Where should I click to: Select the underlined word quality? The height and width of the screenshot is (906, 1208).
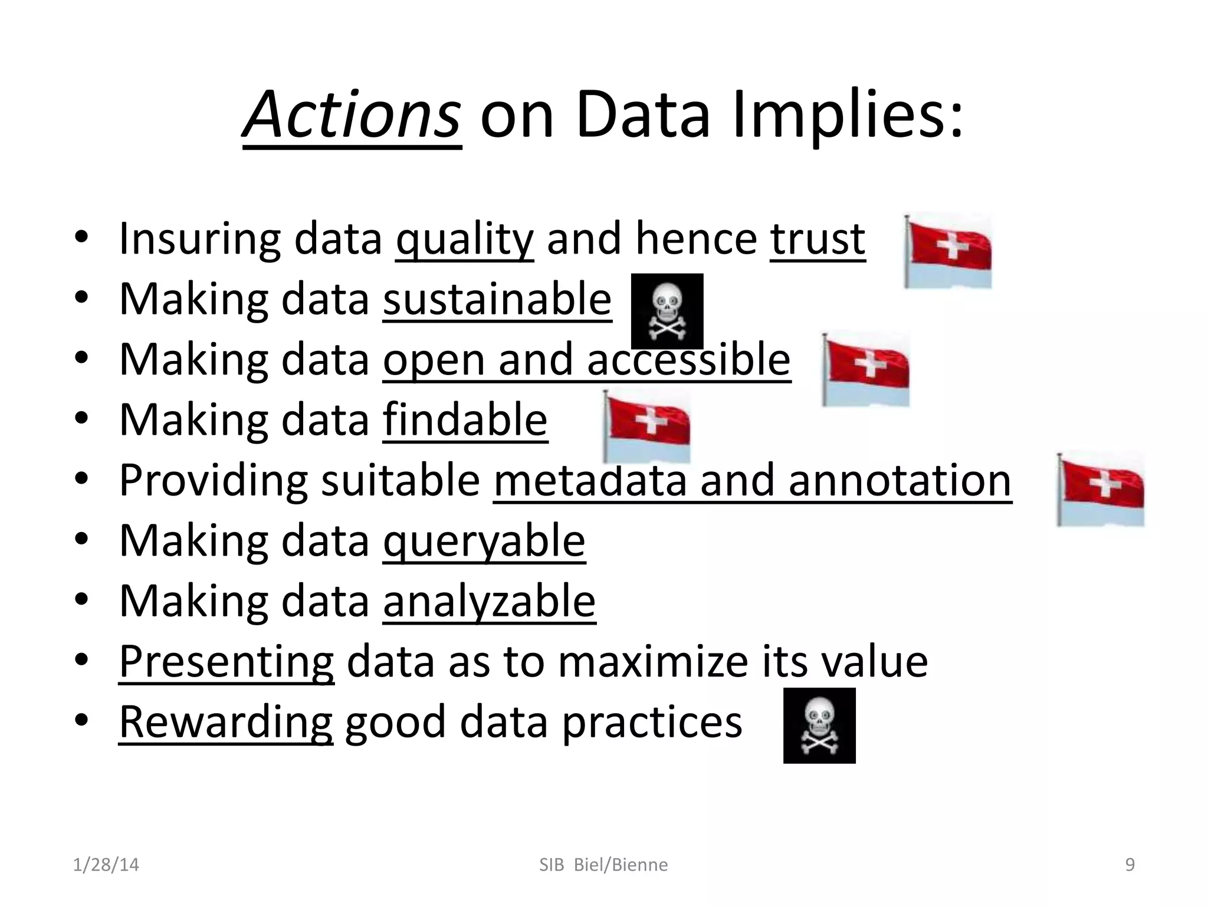click(x=465, y=239)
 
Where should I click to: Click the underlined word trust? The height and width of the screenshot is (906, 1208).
click(x=818, y=239)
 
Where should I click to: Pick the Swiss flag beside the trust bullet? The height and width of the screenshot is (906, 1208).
click(x=948, y=251)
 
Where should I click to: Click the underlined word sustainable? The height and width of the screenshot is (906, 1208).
click(x=497, y=299)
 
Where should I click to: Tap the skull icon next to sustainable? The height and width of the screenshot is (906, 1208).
click(x=667, y=311)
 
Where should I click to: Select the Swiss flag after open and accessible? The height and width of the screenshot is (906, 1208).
click(x=866, y=369)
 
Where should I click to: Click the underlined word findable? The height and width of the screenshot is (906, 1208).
click(x=465, y=419)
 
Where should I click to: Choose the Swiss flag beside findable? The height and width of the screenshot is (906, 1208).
click(x=647, y=428)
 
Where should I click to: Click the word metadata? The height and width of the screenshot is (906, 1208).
click(x=590, y=480)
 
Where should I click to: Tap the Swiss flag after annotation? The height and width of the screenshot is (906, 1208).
click(x=1101, y=490)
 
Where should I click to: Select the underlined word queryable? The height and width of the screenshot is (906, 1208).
click(x=484, y=540)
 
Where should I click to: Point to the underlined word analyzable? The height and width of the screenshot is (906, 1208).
click(x=489, y=601)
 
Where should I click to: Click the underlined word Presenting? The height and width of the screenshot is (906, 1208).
click(x=226, y=661)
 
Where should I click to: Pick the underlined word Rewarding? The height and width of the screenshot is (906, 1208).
click(x=226, y=721)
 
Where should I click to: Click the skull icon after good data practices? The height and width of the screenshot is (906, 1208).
click(x=819, y=726)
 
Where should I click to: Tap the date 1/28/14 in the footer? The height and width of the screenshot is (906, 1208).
click(x=106, y=865)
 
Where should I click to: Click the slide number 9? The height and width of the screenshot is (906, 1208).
click(x=1130, y=865)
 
